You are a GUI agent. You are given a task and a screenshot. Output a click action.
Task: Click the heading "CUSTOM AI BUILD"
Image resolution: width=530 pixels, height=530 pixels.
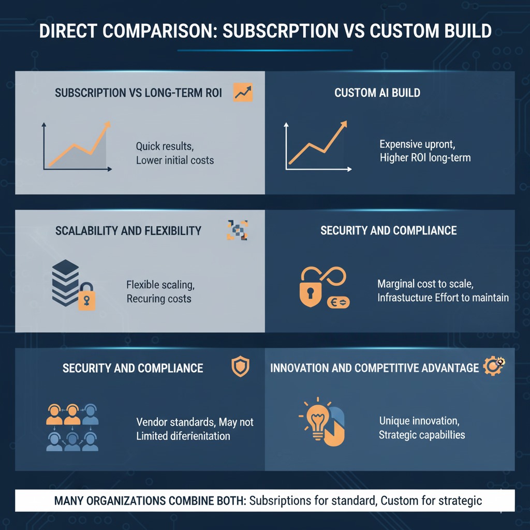pyautogui.click(x=377, y=93)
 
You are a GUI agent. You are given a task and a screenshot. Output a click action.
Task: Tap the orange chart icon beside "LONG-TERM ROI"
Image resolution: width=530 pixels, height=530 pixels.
pyautogui.click(x=243, y=92)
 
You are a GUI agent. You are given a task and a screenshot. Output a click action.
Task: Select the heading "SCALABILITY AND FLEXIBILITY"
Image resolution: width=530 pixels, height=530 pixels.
pyautogui.click(x=128, y=230)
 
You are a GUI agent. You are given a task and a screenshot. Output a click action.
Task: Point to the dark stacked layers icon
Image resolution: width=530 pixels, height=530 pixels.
pyautogui.click(x=66, y=283)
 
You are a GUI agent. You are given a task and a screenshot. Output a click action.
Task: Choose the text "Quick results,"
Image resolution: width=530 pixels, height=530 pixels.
pyautogui.click(x=165, y=146)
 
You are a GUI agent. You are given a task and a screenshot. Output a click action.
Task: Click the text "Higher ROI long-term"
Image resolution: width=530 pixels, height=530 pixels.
pyautogui.click(x=425, y=157)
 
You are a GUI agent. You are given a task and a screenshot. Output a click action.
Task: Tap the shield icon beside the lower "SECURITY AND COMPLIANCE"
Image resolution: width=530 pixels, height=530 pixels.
pyautogui.click(x=240, y=367)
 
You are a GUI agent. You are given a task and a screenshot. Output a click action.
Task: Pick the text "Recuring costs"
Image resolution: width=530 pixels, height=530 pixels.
pyautogui.click(x=159, y=299)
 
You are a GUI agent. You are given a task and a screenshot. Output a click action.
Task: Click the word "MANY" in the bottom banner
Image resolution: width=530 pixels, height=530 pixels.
pyautogui.click(x=71, y=500)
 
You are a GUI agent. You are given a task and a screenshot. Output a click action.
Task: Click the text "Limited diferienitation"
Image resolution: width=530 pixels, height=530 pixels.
pyautogui.click(x=183, y=436)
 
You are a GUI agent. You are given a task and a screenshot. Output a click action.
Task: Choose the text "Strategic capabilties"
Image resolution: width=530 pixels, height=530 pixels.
pyautogui.click(x=422, y=434)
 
